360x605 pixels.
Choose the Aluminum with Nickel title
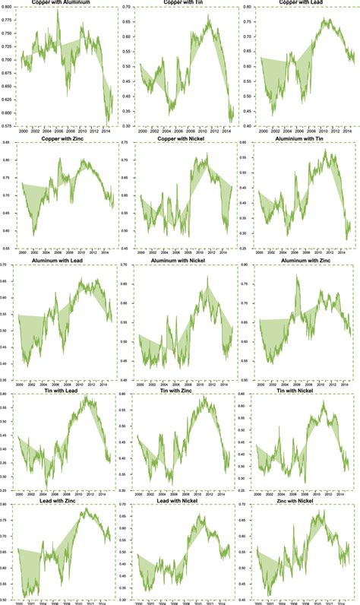click(x=180, y=260)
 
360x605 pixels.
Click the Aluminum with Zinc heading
click(x=299, y=260)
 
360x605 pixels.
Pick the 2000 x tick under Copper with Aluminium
click(x=26, y=131)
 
